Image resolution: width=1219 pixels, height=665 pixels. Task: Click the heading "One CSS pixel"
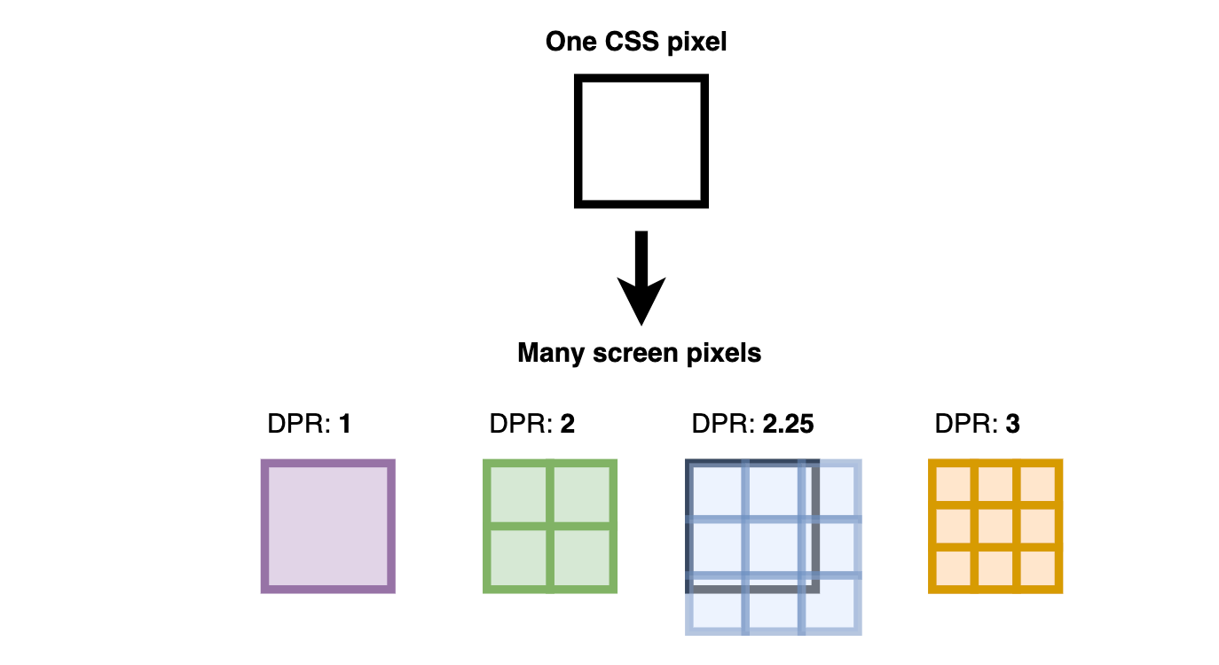tap(636, 41)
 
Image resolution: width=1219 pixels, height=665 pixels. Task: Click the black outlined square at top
tap(641, 142)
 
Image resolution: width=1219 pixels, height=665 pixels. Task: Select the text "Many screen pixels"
tap(639, 353)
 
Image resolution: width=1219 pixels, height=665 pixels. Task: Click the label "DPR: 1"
tap(309, 425)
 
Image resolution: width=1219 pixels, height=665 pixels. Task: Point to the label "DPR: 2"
tap(531, 425)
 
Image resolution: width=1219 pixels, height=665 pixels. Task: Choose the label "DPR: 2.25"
tap(752, 425)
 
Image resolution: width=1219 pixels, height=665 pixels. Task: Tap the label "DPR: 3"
tap(977, 425)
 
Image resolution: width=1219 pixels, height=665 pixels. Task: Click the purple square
tap(327, 526)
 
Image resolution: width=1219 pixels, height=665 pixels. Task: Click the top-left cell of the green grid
tap(517, 494)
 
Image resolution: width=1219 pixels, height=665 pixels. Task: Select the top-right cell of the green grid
tap(582, 494)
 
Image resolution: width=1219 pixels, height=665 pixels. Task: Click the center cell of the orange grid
tap(995, 527)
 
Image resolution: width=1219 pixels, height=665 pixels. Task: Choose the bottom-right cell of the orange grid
tap(1037, 568)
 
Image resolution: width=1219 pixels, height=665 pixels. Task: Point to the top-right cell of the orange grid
tap(1037, 484)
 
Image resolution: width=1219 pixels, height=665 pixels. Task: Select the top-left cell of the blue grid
tap(716, 490)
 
